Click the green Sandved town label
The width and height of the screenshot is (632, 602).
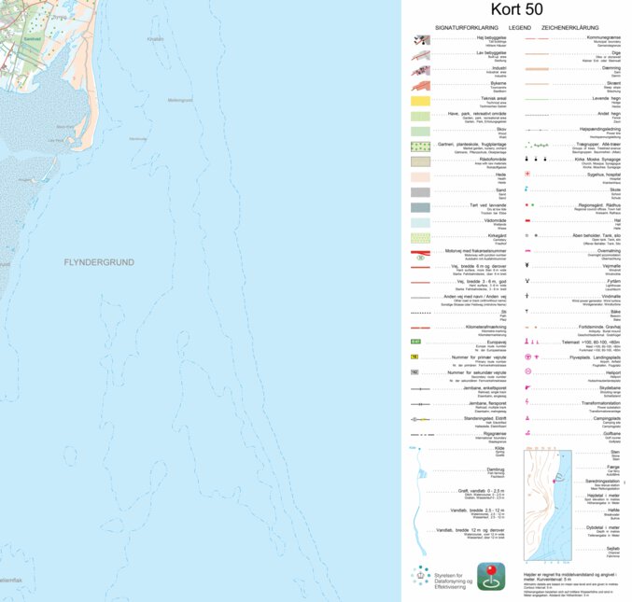coord(32,39)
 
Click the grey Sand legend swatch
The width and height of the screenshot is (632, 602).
coord(419,191)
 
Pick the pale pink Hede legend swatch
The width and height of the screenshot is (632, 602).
coord(419,175)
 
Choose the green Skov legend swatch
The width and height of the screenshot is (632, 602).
coord(419,131)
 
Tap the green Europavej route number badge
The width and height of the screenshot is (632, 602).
coord(415,343)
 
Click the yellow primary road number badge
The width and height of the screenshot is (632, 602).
coord(414,357)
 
